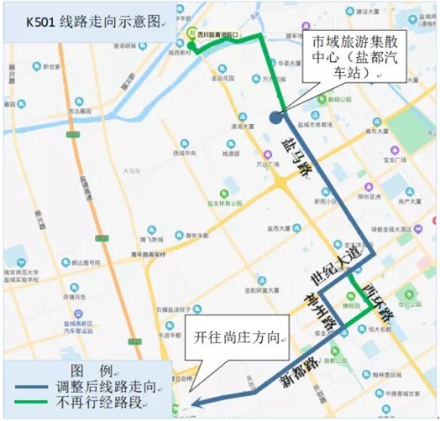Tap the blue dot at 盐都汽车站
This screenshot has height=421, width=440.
[276, 116]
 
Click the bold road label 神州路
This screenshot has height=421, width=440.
[319, 308]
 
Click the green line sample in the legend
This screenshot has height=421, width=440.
[36, 403]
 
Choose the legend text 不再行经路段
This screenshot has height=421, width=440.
[109, 403]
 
